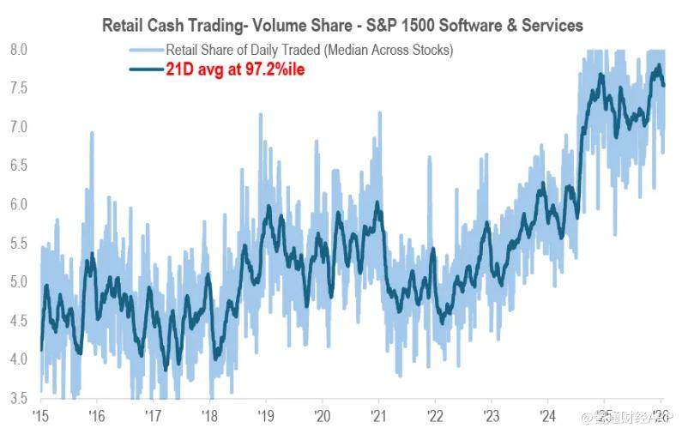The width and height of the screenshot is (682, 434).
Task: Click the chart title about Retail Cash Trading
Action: coord(341,24)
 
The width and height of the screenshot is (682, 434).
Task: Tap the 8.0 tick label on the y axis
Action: coord(19,50)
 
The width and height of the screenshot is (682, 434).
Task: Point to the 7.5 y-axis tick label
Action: coord(19,88)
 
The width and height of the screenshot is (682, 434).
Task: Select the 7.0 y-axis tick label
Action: coord(19,127)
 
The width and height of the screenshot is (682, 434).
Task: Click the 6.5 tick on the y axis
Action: coord(19,166)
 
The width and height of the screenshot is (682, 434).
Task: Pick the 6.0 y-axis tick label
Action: coord(19,204)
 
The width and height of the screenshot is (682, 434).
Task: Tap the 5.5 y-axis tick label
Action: coord(19,243)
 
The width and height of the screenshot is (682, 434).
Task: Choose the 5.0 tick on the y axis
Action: coord(19,282)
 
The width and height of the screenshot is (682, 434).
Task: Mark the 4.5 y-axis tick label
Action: coord(19,321)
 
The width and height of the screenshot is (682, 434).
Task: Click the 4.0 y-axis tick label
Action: coord(19,359)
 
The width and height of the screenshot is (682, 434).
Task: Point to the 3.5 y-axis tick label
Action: coord(19,398)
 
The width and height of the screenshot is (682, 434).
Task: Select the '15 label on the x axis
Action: coord(39,416)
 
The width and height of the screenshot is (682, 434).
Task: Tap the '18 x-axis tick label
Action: coord(209,416)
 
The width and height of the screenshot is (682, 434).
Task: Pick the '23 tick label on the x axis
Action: coord(492,416)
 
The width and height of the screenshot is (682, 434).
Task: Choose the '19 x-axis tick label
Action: coord(266,416)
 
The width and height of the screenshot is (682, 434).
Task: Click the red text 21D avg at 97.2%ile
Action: coord(235,69)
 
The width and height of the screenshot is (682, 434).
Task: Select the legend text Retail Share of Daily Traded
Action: coord(309,51)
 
